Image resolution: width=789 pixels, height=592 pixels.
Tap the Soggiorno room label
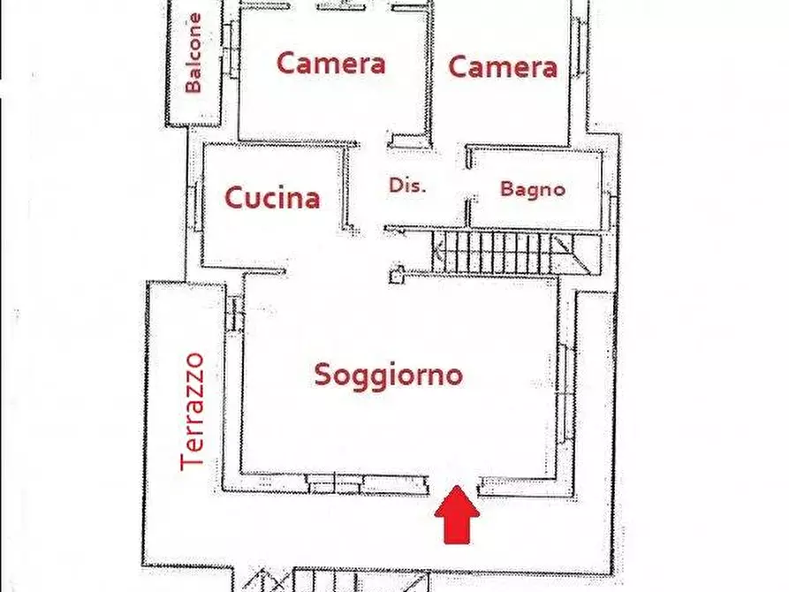389,375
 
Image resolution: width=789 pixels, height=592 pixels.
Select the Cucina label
272,198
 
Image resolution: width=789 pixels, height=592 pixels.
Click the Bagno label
532,188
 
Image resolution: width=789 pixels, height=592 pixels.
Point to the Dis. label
407,186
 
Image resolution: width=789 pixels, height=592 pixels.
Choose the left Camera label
330,64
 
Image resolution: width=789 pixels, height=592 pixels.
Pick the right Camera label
503,66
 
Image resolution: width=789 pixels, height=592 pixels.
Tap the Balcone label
194,53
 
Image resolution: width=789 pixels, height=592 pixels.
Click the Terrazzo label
193,411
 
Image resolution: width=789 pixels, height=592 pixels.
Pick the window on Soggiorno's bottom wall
336,483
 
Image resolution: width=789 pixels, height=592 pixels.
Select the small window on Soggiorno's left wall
234,312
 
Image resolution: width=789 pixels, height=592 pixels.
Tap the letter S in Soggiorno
324,375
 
